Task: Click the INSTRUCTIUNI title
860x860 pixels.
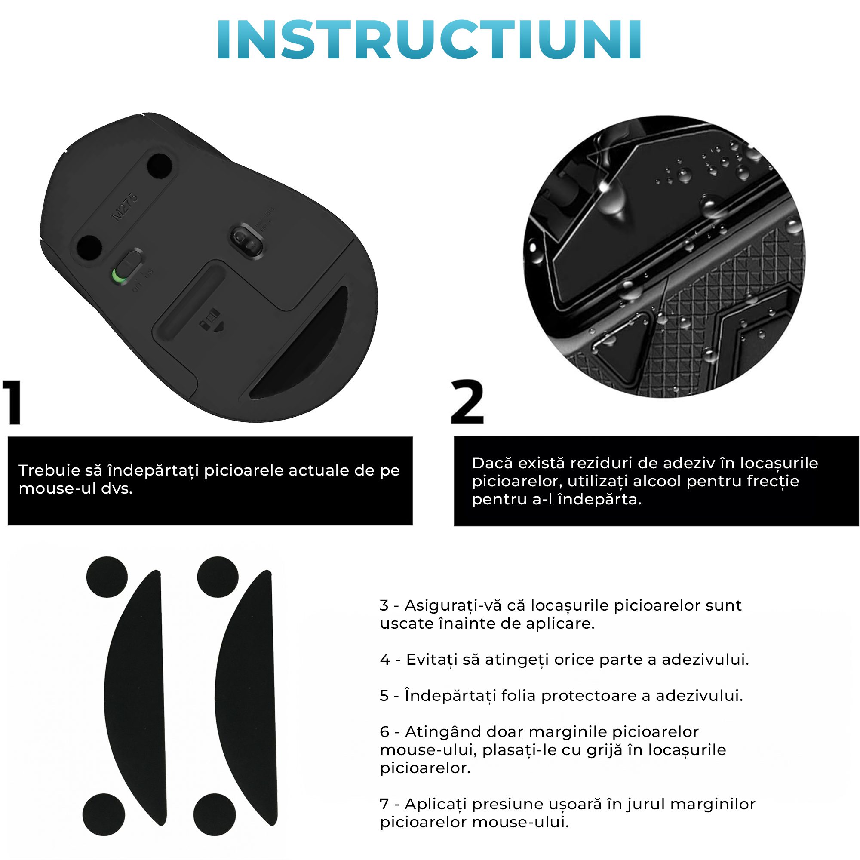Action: point(429,40)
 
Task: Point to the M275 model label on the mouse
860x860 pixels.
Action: point(125,207)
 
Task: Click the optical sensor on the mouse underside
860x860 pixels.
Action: point(246,241)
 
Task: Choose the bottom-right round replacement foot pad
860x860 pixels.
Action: point(215,814)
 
